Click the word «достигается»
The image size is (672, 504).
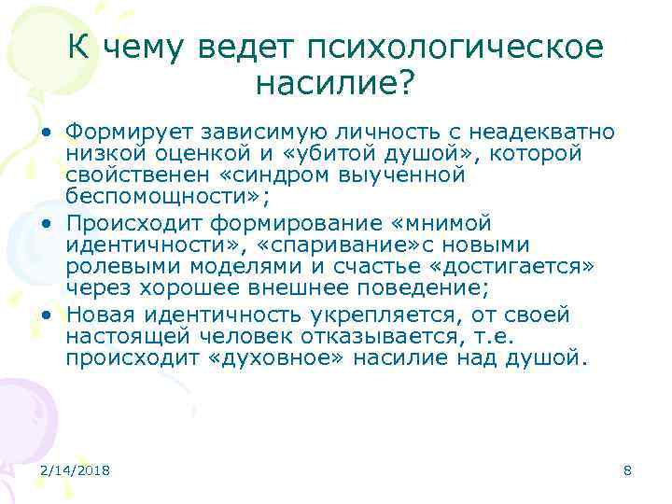[519, 267]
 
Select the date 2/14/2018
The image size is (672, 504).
[76, 470]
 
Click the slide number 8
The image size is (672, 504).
[627, 470]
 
